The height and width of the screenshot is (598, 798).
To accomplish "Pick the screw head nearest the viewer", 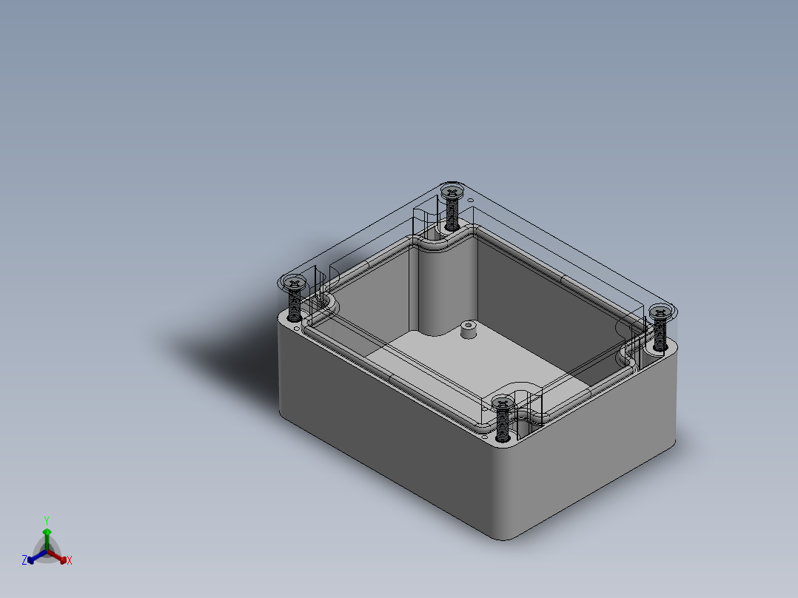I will pyautogui.click(x=503, y=403).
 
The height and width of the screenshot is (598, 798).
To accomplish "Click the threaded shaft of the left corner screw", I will pyautogui.click(x=295, y=304).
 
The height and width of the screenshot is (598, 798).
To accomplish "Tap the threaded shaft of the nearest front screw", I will pyautogui.click(x=503, y=424).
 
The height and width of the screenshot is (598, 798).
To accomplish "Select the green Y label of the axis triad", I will pyautogui.click(x=47, y=520).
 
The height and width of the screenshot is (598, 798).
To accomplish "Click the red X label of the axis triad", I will pyautogui.click(x=70, y=561).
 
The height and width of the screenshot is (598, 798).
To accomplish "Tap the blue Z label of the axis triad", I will pyautogui.click(x=24, y=560).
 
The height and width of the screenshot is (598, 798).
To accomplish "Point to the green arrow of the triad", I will pyautogui.click(x=47, y=534).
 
